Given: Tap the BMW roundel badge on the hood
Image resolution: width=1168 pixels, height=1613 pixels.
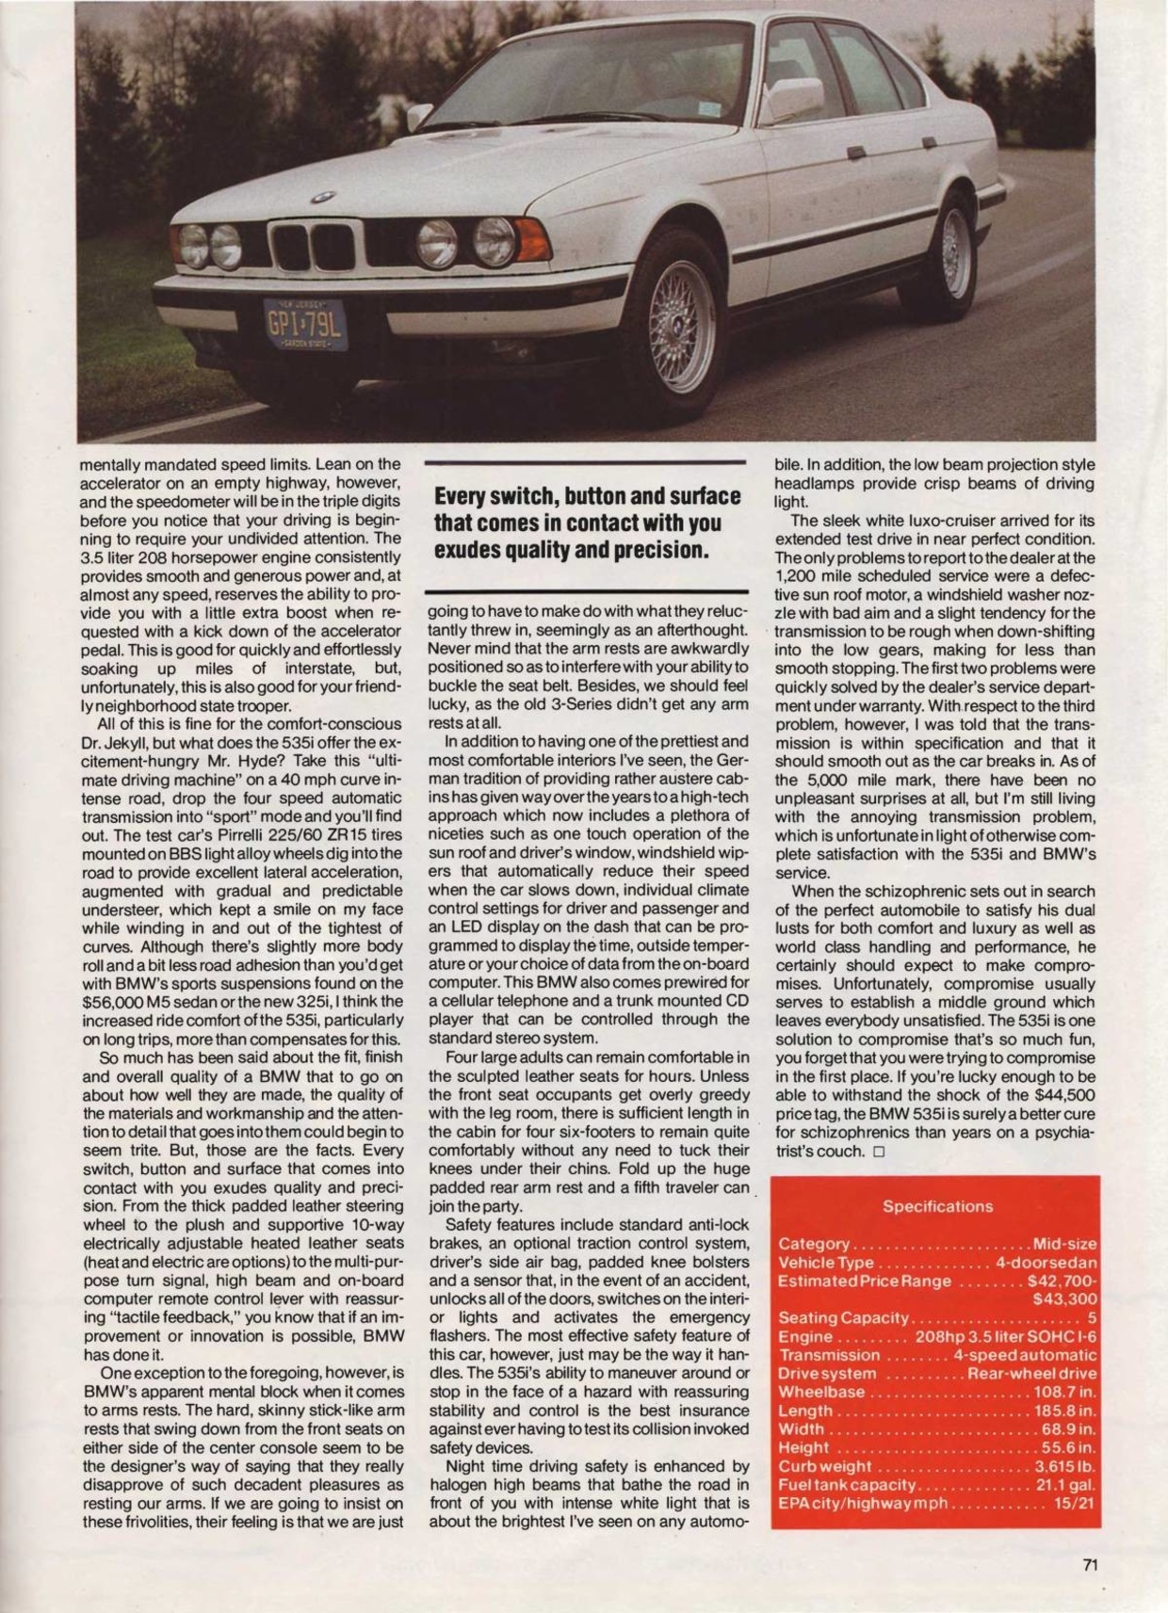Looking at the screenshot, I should (x=322, y=197).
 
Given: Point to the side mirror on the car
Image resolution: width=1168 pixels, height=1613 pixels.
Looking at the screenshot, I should (x=787, y=102).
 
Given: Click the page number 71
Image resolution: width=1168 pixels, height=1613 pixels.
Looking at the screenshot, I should (x=1091, y=1566).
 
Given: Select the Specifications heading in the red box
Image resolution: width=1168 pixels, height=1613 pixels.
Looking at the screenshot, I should (x=937, y=1206).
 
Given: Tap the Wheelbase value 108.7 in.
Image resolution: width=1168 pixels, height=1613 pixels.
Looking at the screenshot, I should (x=1064, y=1392).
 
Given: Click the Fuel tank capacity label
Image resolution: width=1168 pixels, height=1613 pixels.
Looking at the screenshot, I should (x=847, y=1484).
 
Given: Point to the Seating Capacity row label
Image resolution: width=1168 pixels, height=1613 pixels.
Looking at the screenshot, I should (x=843, y=1317).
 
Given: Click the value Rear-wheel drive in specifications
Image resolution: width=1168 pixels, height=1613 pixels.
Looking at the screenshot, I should (x=1031, y=1373).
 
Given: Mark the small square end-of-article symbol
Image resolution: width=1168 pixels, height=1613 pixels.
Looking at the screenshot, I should (x=878, y=1152).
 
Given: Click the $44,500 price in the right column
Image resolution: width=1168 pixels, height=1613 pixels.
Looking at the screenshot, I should (x=1064, y=1095).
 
